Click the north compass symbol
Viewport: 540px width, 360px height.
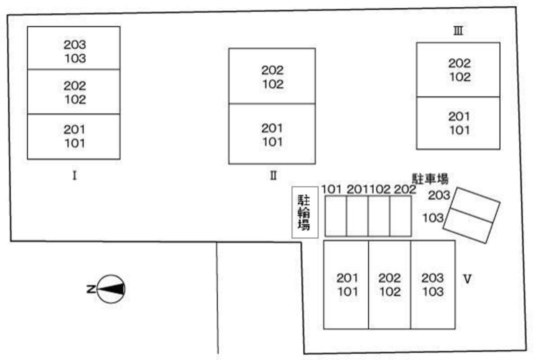click(110, 289)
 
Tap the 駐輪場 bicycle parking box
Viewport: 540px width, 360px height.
click(304, 212)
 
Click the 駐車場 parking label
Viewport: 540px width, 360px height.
click(429, 178)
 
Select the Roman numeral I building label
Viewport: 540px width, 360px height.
click(74, 175)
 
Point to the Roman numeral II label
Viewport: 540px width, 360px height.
click(272, 175)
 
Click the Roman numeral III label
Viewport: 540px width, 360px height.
click(457, 31)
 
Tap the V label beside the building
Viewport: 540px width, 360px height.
click(467, 279)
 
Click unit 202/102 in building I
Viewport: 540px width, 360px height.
click(74, 92)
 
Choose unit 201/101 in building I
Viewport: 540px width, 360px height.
click(74, 136)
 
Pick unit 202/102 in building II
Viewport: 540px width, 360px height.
click(272, 76)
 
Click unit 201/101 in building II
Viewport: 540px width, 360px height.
click(272, 134)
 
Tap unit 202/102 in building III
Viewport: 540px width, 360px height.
click(458, 70)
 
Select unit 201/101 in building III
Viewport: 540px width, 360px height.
click(458, 123)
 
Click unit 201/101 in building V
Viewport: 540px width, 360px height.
click(346, 284)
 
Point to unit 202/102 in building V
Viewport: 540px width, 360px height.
click(389, 284)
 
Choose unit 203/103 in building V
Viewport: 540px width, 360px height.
click(432, 284)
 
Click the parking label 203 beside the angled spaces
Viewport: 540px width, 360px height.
click(439, 195)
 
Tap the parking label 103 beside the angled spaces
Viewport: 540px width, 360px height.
click(433, 218)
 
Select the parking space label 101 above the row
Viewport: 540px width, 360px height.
click(331, 189)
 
